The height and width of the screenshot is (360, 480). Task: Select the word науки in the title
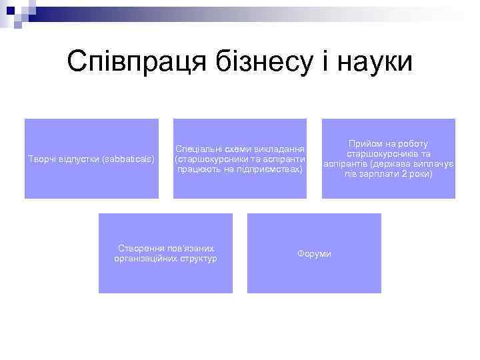click(x=377, y=62)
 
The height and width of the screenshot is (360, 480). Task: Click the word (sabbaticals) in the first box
click(x=129, y=159)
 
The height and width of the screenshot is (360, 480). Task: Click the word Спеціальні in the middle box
click(x=199, y=149)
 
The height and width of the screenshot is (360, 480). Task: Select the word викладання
click(x=281, y=149)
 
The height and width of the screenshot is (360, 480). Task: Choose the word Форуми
click(x=314, y=254)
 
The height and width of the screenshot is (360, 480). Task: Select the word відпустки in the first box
click(x=77, y=159)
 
